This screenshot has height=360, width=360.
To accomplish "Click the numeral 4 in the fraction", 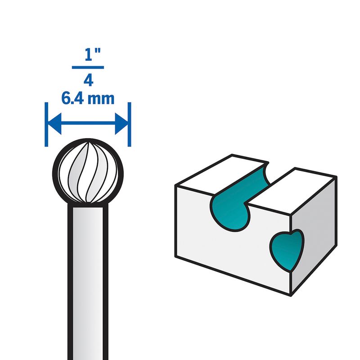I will click(x=88, y=80).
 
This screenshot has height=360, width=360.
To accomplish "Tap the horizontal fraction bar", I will click(x=88, y=67).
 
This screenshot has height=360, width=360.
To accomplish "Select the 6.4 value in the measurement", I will click(x=74, y=98).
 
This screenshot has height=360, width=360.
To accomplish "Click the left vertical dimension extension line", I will click(x=46, y=124).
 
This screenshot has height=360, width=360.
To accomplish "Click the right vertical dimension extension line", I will click(x=130, y=124).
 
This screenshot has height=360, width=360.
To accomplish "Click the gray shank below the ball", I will click(x=88, y=279).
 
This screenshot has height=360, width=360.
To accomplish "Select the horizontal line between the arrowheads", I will click(x=88, y=123).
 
